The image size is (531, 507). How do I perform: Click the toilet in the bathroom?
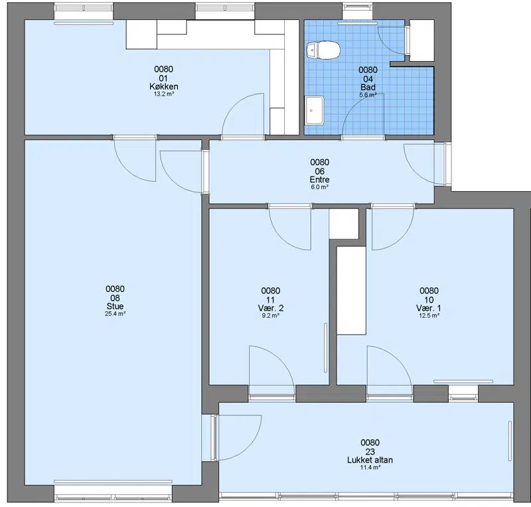pos(323,50)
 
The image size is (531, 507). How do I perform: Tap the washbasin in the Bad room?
pos(314,110)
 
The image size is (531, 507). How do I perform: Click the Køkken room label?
pos(163,86)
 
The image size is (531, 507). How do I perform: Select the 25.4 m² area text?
pos(115,314)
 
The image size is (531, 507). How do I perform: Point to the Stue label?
pos(115,306)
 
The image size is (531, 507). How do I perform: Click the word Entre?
pos(320,179)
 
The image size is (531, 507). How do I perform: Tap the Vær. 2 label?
pos(271,308)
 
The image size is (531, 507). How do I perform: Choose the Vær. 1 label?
pos(429,308)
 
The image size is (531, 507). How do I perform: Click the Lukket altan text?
pos(370,460)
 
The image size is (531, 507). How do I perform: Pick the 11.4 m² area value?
pos(370,468)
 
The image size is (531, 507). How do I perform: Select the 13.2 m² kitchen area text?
pos(164,94)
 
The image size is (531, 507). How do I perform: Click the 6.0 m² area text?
pos(320,187)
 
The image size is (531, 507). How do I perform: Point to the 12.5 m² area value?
pos(429,316)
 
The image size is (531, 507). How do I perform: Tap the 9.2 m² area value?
pos(271,316)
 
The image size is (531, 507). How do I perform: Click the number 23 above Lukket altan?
pos(370,451)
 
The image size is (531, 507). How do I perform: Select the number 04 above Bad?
pos(368,79)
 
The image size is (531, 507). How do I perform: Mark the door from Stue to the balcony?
pos(237,437)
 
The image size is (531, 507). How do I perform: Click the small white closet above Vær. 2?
pos(344,224)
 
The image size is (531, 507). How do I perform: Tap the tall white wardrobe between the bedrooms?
pos(351,291)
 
